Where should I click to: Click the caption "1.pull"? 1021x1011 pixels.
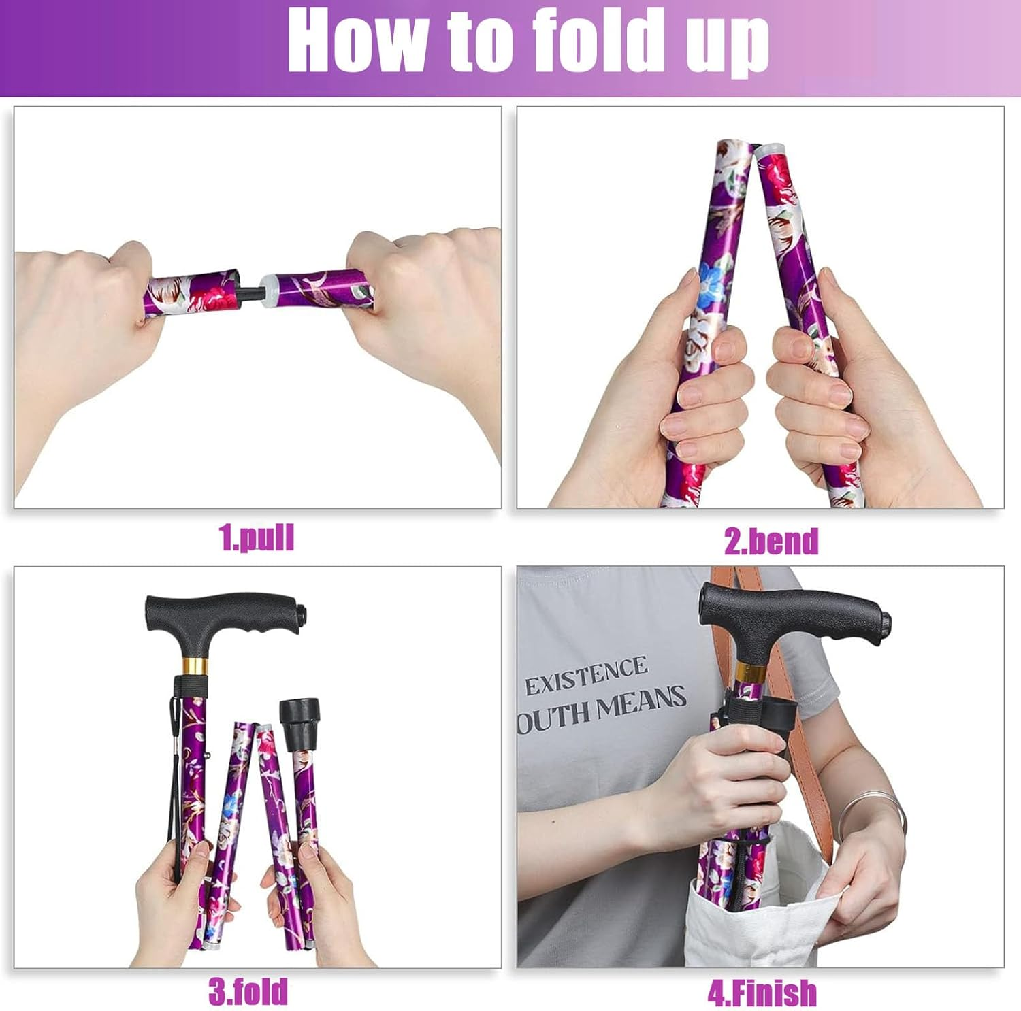257,537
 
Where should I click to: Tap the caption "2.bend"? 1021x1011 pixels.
771,542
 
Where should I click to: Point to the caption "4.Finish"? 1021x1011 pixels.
762,993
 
